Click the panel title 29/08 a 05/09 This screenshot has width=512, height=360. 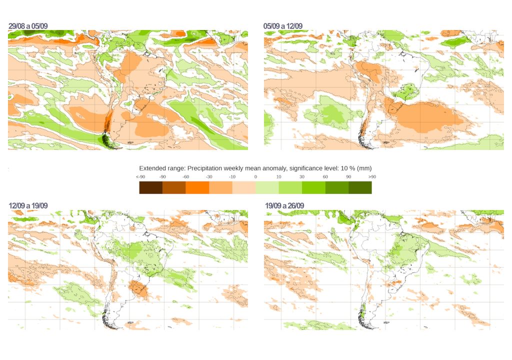point(28,26)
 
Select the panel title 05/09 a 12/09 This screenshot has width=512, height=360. point(283,26)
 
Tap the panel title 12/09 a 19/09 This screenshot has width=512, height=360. point(28,206)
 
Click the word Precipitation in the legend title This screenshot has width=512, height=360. point(198,168)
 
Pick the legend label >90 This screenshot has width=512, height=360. point(371,177)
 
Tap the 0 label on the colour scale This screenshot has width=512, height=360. point(255,177)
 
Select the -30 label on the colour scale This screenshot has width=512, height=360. point(209,177)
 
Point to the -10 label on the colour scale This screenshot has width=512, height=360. point(232,177)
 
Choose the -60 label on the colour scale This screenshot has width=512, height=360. point(185,177)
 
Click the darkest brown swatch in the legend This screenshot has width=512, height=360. point(151,187)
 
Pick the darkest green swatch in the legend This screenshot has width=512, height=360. point(360,187)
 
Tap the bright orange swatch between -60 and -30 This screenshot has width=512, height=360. point(197,187)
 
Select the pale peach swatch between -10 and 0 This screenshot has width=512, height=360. point(243,187)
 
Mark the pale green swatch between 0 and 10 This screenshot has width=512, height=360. point(267,187)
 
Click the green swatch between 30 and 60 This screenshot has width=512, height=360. point(313,187)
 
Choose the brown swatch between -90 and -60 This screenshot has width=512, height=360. point(174,187)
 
